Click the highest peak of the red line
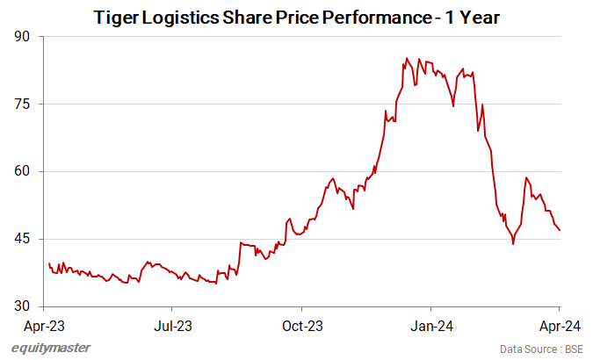(406, 59)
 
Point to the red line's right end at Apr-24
(560, 230)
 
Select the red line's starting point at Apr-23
(48, 263)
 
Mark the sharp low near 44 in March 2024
(513, 243)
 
